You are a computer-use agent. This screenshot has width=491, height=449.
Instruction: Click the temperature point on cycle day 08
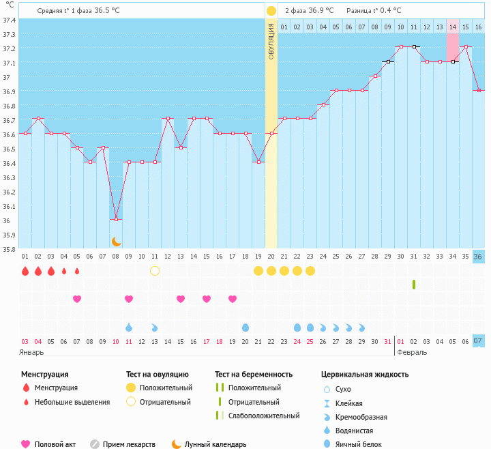point(116,219)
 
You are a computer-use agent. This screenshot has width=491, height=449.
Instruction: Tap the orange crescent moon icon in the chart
point(116,242)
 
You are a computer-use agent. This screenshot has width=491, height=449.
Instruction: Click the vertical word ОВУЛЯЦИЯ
point(271,42)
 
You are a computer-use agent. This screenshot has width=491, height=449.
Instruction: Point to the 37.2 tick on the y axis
point(9,48)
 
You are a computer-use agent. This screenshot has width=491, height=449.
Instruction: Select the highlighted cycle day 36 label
point(478,257)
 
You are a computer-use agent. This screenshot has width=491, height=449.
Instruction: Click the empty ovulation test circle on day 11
point(155,271)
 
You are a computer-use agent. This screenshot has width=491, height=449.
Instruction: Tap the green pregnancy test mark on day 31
point(414,285)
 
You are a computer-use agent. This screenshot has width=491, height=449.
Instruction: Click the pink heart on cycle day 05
point(77,299)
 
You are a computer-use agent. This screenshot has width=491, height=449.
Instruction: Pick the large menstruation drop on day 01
point(25,271)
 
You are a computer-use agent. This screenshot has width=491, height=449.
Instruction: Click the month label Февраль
point(412,352)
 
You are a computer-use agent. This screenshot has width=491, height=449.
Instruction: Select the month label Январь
point(31,352)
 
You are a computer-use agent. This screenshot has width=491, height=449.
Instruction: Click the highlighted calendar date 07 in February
point(478,341)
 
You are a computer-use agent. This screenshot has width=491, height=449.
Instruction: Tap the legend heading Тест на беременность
point(254,375)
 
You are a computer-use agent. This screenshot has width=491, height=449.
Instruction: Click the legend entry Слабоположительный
point(264,416)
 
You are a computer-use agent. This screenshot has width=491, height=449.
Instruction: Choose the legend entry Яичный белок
point(359,444)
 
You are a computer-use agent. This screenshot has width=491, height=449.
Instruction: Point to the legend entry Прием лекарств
point(129,444)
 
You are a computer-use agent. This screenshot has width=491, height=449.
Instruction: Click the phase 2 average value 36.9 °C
point(321,10)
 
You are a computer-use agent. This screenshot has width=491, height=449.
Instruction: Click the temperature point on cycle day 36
point(479,91)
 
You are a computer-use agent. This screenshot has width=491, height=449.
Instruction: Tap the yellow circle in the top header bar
point(271,11)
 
